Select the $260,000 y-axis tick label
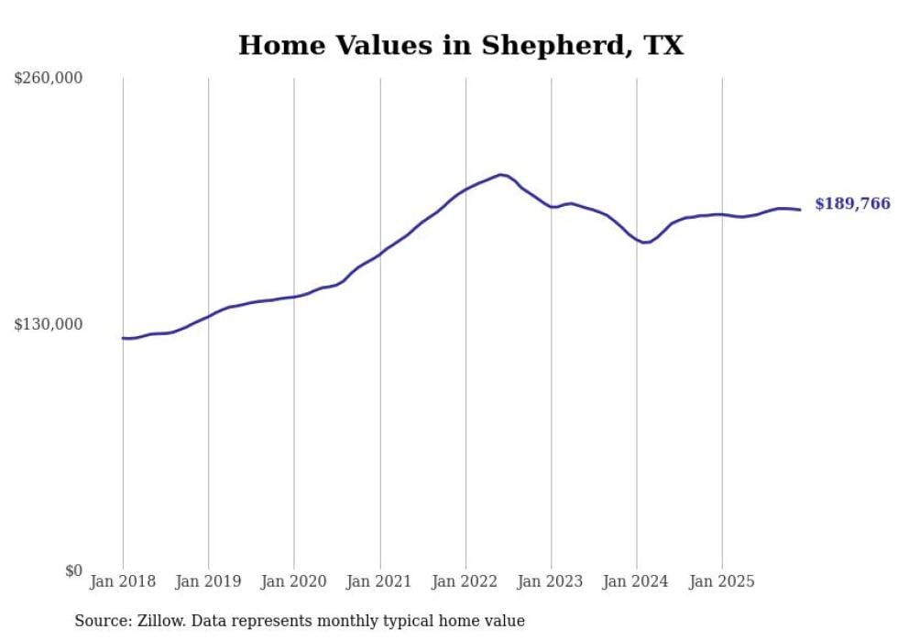click(x=49, y=79)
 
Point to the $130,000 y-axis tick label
click(x=49, y=324)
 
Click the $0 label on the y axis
click(x=73, y=570)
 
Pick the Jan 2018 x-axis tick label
click(x=123, y=581)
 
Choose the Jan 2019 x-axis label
click(x=208, y=581)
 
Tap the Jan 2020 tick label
click(x=294, y=581)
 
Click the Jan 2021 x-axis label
click(x=379, y=581)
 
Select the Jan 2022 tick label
click(x=465, y=581)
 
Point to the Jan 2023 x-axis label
click(x=551, y=581)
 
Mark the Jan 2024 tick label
click(x=637, y=581)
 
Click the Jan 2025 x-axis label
click(x=722, y=581)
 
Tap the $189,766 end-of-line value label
click(x=852, y=204)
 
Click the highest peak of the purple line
click(x=501, y=174)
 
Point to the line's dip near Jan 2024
click(x=646, y=243)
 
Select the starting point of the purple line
click(x=123, y=338)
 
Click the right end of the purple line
click(x=800, y=210)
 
